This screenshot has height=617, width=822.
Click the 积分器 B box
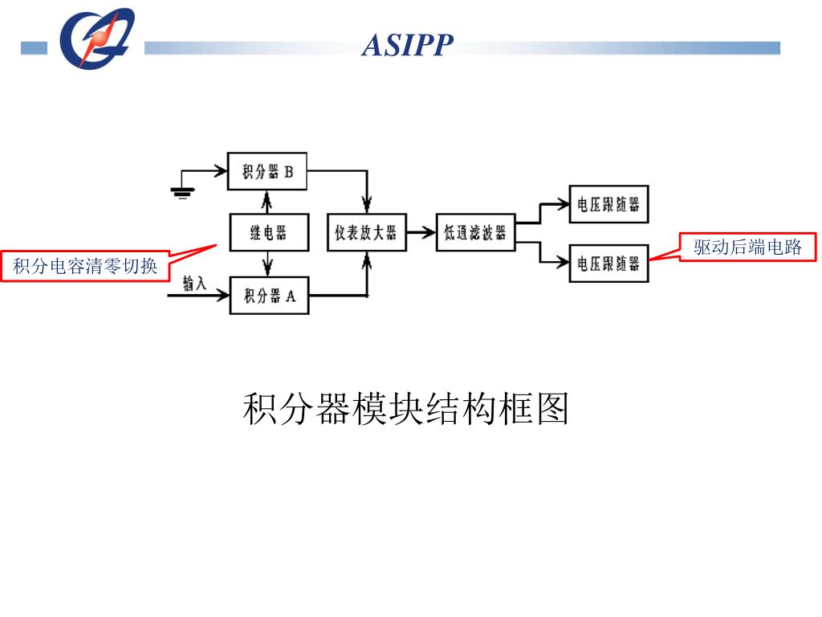tap(267, 171)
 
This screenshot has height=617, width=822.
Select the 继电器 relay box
tap(268, 233)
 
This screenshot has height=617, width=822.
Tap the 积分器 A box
tap(270, 296)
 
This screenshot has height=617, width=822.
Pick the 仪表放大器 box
tap(366, 233)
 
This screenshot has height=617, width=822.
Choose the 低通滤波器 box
tap(475, 233)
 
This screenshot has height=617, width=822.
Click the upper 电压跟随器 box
tap(608, 204)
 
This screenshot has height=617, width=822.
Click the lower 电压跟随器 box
tap(608, 264)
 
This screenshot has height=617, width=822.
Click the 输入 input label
tap(194, 283)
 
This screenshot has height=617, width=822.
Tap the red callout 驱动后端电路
tap(748, 247)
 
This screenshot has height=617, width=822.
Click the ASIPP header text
tap(407, 45)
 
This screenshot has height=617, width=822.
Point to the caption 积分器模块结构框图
tap(406, 409)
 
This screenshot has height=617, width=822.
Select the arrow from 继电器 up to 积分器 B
tap(267, 201)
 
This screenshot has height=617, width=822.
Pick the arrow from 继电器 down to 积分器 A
tap(267, 264)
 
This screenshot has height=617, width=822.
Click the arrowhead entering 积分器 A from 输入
tap(222, 296)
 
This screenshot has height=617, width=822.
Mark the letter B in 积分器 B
tap(289, 171)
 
